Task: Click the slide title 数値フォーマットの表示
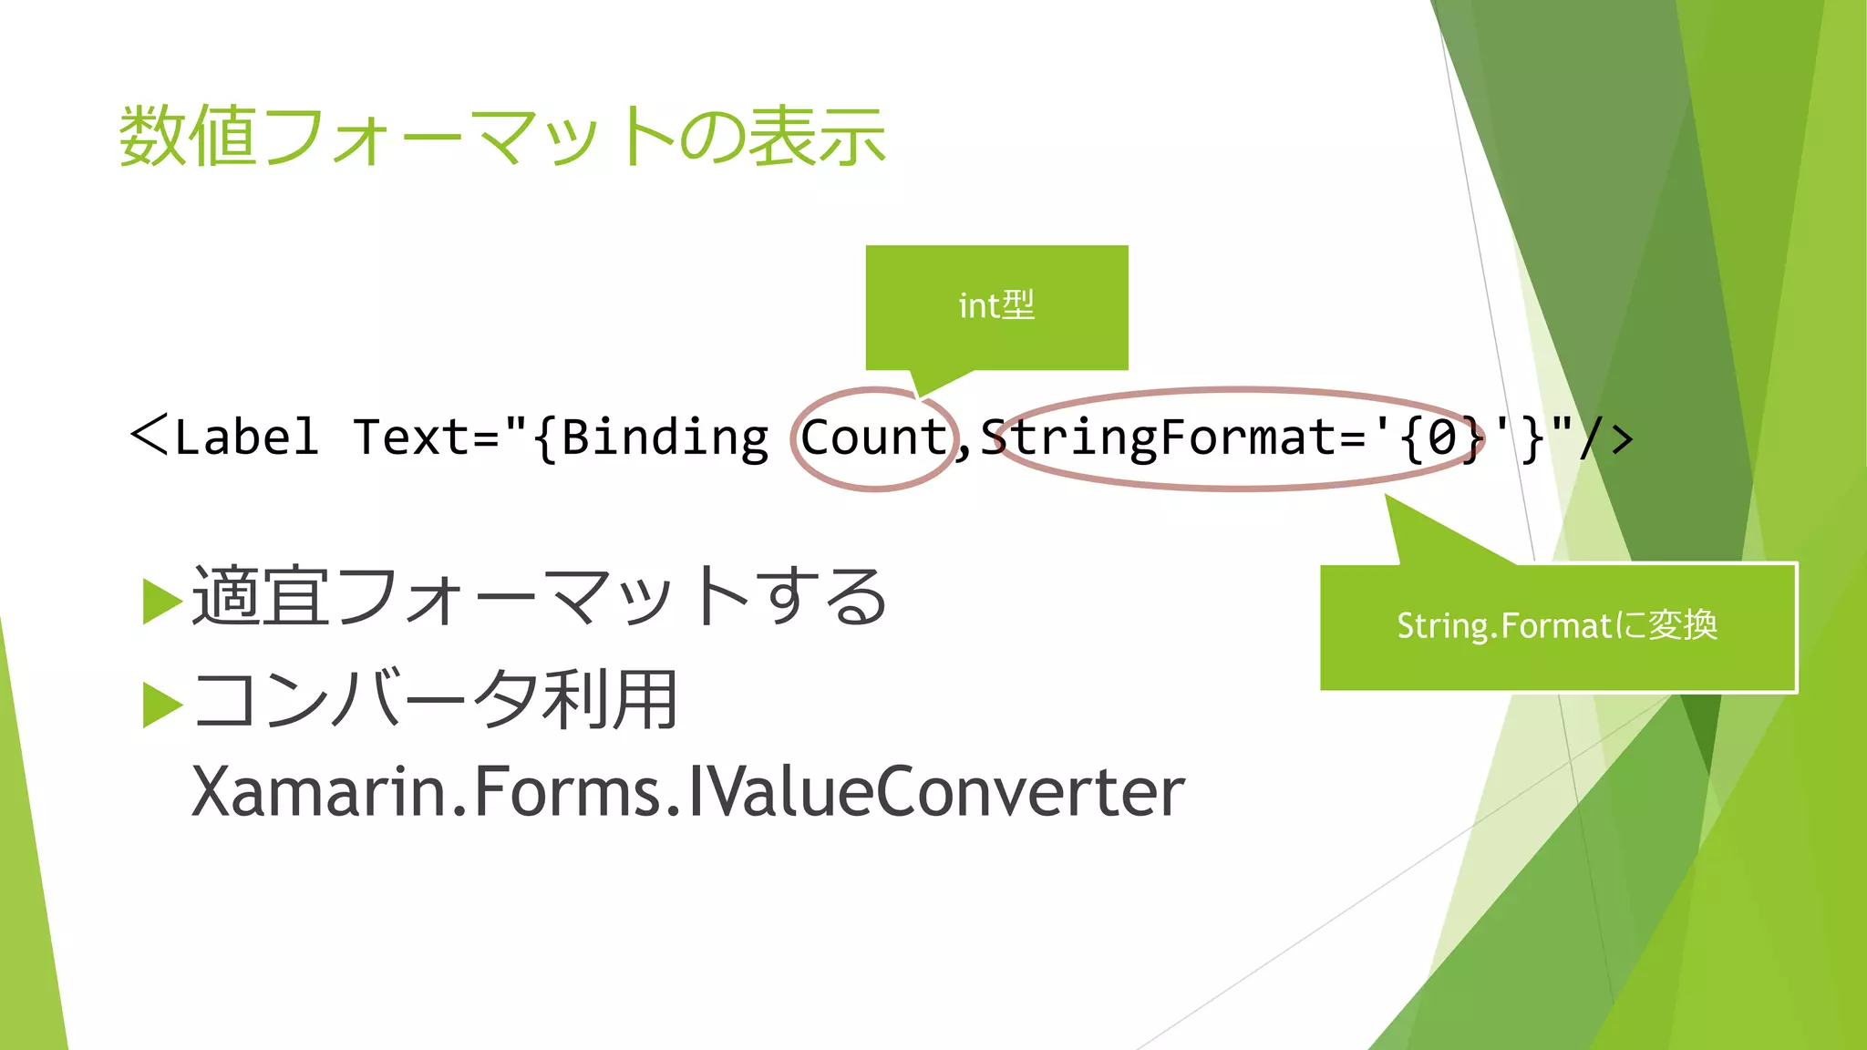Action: point(501,137)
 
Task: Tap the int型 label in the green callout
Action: point(996,306)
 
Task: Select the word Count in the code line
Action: point(873,437)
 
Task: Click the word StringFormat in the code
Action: point(1158,437)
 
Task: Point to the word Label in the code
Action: point(245,437)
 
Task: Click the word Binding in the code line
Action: point(665,437)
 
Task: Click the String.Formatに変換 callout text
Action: point(1557,626)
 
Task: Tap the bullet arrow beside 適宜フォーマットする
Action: point(162,602)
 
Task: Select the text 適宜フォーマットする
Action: point(538,597)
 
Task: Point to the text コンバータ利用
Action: point(436,700)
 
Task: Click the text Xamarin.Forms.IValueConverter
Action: point(688,791)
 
